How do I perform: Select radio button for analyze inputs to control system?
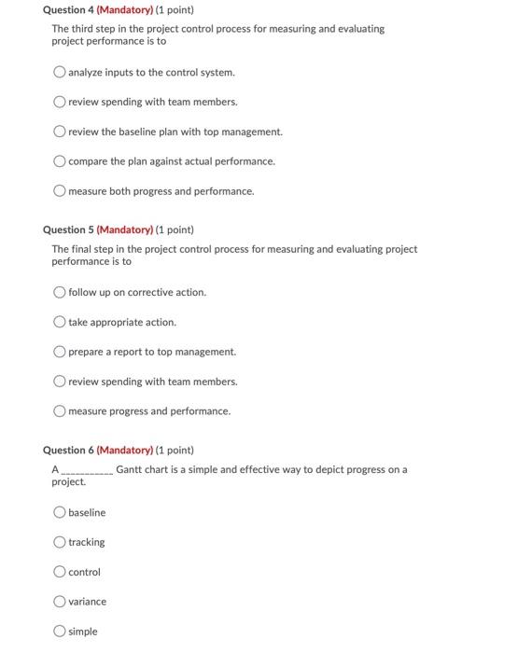60,72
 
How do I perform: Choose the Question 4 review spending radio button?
60,102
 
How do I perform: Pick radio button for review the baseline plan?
60,132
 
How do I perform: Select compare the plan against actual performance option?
60,161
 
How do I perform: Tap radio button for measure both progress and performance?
60,191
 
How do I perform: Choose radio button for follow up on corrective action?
60,292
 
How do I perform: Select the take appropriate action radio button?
60,322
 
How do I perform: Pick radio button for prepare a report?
60,352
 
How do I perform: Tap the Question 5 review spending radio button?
60,382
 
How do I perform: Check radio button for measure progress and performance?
60,411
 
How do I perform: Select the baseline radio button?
60,512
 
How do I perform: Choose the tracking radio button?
60,542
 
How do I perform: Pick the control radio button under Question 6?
60,572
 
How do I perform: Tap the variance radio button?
60,602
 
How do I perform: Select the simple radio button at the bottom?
60,632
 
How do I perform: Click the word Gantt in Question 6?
131,469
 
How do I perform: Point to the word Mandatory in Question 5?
125,229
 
